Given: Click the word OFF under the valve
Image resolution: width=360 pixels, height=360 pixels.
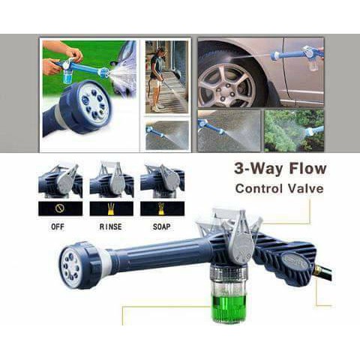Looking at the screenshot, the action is click(x=58, y=226).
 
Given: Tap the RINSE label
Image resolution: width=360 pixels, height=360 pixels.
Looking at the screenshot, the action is click(x=111, y=226).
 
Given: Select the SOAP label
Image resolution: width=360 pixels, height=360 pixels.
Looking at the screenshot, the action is click(x=162, y=226).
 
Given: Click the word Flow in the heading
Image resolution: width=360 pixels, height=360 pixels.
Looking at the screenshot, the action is click(x=307, y=169).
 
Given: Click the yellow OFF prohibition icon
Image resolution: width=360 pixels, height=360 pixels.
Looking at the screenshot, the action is click(x=60, y=208).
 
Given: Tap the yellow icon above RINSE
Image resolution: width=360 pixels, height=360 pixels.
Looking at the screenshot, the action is click(x=111, y=209).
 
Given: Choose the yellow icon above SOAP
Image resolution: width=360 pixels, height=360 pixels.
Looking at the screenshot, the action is click(x=161, y=208).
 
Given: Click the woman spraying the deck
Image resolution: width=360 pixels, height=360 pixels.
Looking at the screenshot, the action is click(x=157, y=79).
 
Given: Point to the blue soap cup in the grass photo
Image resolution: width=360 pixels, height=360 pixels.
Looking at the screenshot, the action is click(x=67, y=76).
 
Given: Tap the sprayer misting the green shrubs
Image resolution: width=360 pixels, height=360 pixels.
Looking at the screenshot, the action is click(x=313, y=130).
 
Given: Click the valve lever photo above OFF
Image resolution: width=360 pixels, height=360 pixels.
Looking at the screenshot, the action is click(x=60, y=181).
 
